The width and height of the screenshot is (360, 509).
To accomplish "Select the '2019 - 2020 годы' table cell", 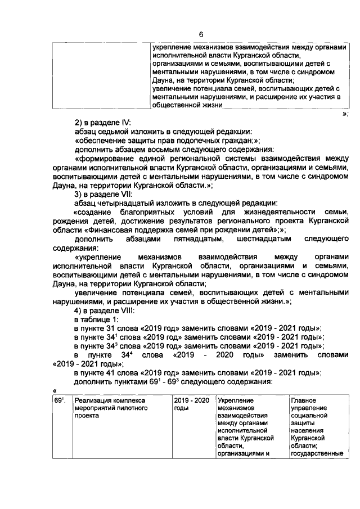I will point(192,405).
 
